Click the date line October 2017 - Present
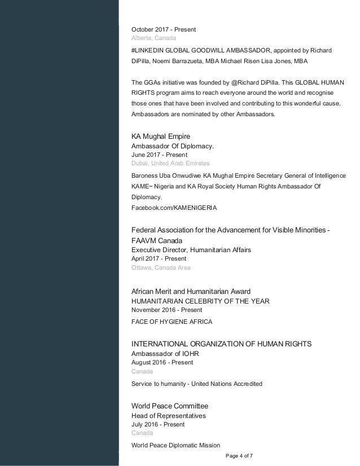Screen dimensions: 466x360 tap(164, 29)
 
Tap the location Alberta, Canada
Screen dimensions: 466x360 tap(153, 38)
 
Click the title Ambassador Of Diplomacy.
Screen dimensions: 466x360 tap(172, 146)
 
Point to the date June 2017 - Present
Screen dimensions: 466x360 tap(159, 154)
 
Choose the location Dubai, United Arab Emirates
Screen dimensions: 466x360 tap(170, 163)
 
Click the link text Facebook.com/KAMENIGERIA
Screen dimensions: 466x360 tap(174, 208)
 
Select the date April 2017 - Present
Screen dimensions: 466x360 tap(159, 258)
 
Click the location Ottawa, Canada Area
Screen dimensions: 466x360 tap(161, 267)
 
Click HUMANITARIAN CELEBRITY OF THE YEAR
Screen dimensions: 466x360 tap(200, 301)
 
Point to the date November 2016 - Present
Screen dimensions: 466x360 tap(166, 310)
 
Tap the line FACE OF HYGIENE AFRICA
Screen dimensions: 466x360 tap(172, 322)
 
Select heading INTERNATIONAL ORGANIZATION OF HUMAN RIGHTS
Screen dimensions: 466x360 tap(221, 344)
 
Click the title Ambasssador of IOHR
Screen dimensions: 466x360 tap(165, 354)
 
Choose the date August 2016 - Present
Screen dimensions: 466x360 tap(161, 362)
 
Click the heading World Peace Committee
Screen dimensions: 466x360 tap(170, 406)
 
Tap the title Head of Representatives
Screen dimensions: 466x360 tap(168, 416)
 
